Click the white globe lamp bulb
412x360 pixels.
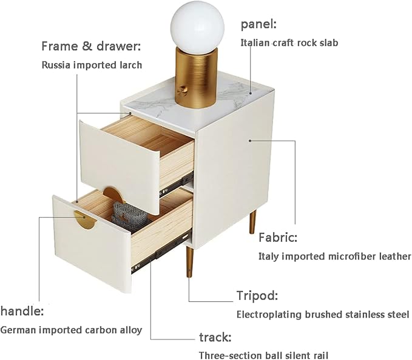[197, 27]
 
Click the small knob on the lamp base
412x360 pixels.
[183, 90]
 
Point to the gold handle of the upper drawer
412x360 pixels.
[113, 195]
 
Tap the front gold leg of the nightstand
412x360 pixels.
[189, 262]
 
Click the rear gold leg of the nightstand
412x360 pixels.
[252, 222]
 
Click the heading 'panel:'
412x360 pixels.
[259, 25]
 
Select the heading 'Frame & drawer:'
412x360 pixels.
[91, 46]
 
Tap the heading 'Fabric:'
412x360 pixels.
[278, 238]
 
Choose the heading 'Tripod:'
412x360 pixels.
[257, 296]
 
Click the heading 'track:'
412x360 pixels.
[215, 338]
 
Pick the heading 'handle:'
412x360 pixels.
[22, 311]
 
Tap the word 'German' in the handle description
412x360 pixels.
[18, 330]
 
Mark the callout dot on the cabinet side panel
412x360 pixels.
[250, 141]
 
